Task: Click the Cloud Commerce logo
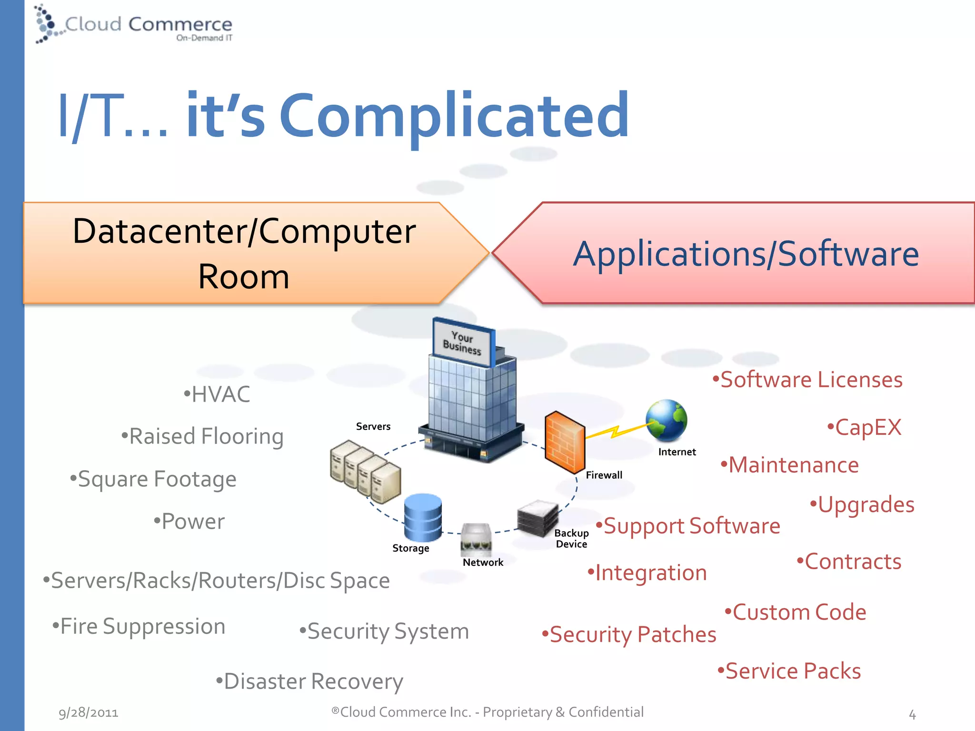tap(133, 25)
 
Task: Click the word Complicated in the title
tap(455, 116)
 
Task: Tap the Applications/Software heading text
tap(746, 254)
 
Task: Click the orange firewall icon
tap(564, 442)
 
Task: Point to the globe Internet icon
tap(666, 420)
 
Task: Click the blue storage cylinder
tap(422, 517)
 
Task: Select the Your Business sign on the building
tap(462, 343)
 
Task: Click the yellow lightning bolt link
tap(614, 431)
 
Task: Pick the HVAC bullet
tap(217, 394)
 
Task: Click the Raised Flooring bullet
tap(202, 436)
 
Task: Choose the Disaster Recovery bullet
tap(309, 681)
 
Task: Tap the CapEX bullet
tap(864, 427)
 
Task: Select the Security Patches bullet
tap(629, 634)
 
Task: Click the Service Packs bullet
tap(789, 671)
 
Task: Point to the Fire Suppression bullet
tap(139, 626)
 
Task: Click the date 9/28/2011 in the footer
tap(89, 712)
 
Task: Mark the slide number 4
tap(912, 714)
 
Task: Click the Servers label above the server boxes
tap(373, 426)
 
